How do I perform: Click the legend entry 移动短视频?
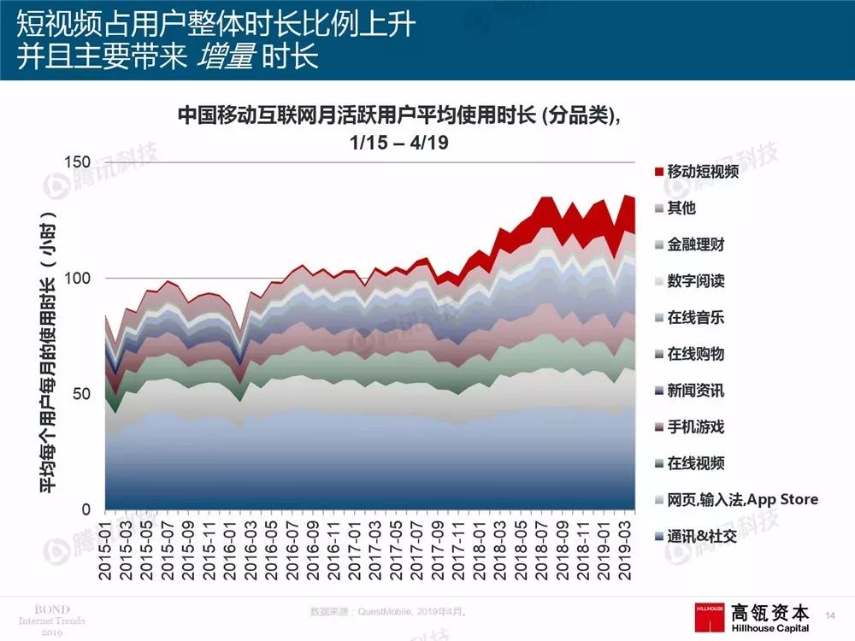[703, 172]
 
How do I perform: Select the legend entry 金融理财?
[695, 244]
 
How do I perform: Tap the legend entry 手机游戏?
[695, 426]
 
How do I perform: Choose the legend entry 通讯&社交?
[702, 536]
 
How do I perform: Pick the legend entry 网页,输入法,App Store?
[742, 499]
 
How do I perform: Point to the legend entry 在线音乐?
[695, 317]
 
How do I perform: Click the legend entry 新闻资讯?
[695, 390]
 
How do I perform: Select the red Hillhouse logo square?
[711, 614]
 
